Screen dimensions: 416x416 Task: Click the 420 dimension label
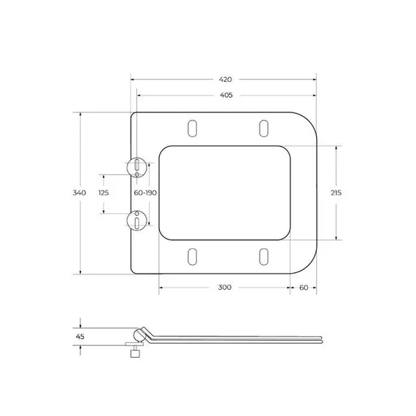point(226,80)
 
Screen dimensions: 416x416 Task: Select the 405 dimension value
point(226,95)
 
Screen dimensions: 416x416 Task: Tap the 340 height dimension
point(80,193)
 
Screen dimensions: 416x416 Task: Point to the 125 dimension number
point(104,193)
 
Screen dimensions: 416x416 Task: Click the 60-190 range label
point(145,193)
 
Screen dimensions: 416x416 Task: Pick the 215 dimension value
point(336,193)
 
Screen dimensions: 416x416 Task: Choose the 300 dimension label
point(225,288)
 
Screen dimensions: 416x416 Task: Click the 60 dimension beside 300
point(304,288)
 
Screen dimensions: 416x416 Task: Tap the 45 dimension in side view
point(80,336)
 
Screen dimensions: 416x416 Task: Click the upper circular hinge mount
point(136,168)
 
